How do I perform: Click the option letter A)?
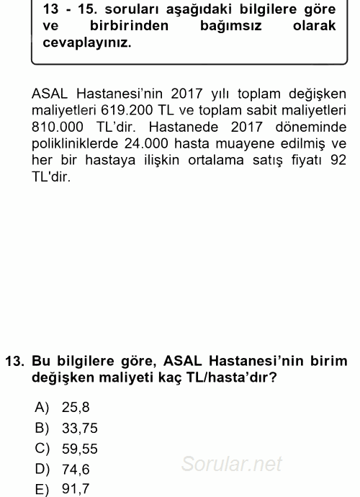(x=42, y=407)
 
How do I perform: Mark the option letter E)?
(x=42, y=490)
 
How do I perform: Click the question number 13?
(x=14, y=360)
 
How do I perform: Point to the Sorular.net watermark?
(x=231, y=463)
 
